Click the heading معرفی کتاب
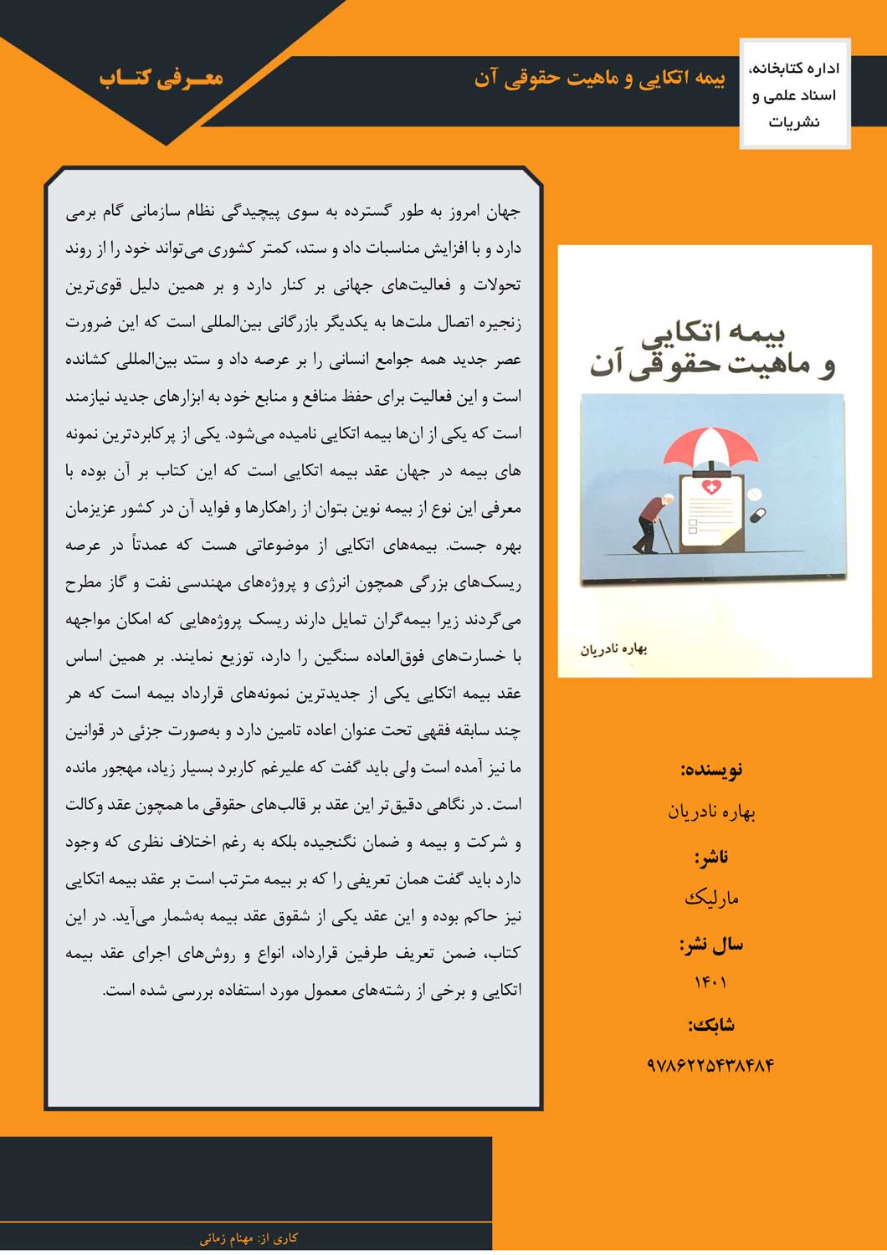[162, 77]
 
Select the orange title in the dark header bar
[599, 78]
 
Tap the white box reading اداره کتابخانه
[795, 95]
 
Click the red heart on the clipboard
[710, 487]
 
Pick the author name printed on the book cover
[614, 649]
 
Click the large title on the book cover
[713, 348]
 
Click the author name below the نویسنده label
[711, 812]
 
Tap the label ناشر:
[711, 858]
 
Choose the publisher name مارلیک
[711, 899]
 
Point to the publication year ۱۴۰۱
[710, 982]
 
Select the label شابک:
[711, 1025]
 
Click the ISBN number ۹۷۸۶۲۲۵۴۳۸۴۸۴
[710, 1065]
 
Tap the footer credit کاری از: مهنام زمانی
[249, 1238]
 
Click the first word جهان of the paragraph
[503, 213]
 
